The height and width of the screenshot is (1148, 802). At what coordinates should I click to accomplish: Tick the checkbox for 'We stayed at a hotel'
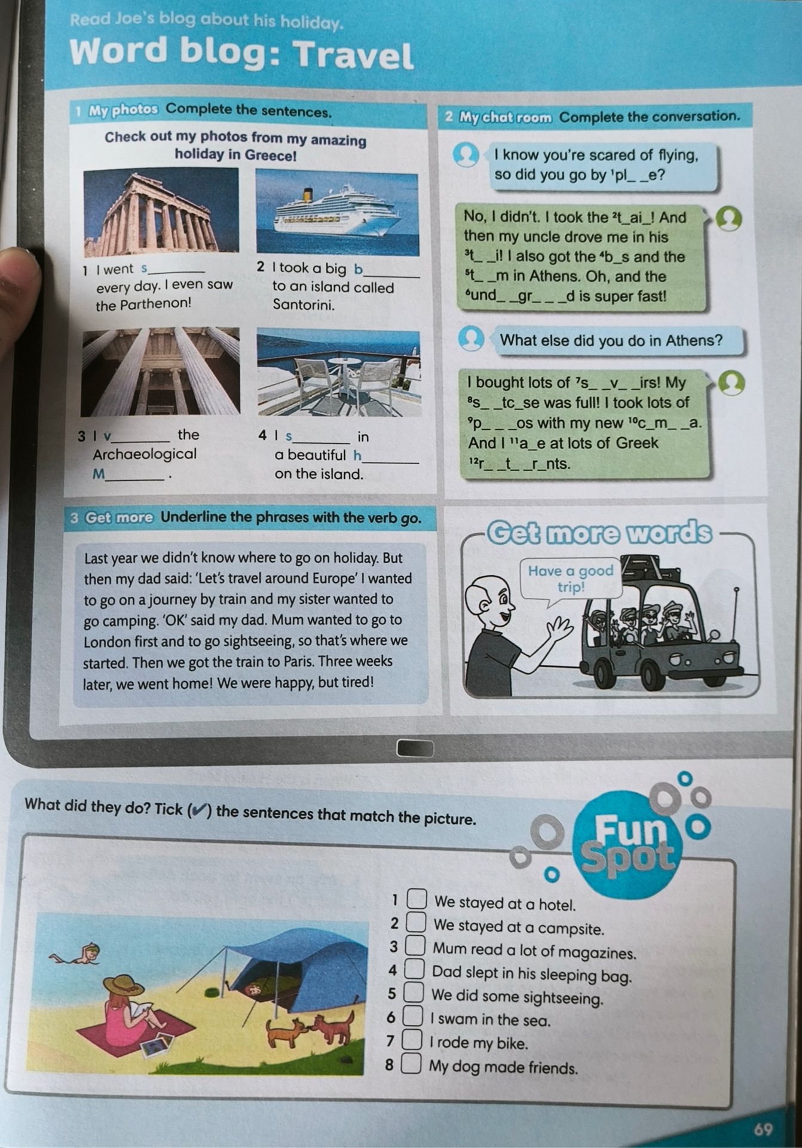point(417,899)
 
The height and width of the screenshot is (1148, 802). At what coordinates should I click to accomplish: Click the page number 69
point(763,1129)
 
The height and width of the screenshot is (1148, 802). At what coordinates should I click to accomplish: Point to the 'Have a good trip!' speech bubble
point(571,578)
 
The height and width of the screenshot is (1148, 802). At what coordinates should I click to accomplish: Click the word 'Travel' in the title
point(354,56)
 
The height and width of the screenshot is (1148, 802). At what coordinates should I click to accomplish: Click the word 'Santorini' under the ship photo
point(303,304)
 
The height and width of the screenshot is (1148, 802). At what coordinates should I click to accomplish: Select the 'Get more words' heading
point(600,532)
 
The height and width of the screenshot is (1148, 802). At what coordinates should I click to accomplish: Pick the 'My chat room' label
point(505,117)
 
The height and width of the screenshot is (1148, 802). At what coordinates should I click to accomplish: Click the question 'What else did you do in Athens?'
point(611,341)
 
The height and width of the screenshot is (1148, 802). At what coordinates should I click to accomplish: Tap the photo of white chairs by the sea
point(338,373)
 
